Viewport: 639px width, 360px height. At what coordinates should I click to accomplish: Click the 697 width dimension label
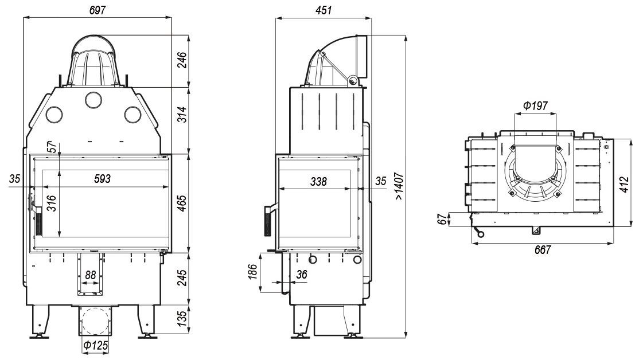coord(98,10)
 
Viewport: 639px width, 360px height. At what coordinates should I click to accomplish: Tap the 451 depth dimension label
coord(324,10)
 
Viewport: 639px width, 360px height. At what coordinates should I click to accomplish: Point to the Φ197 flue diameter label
coord(535,106)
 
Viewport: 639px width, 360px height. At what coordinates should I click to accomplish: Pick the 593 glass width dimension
coord(102,179)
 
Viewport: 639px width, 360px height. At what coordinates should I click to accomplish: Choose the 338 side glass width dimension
coord(318,181)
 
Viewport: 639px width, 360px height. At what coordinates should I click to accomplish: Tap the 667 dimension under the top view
coord(543,249)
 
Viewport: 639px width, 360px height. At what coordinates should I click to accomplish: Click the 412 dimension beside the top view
coord(625,183)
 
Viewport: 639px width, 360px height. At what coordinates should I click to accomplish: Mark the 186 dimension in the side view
coord(253,272)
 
